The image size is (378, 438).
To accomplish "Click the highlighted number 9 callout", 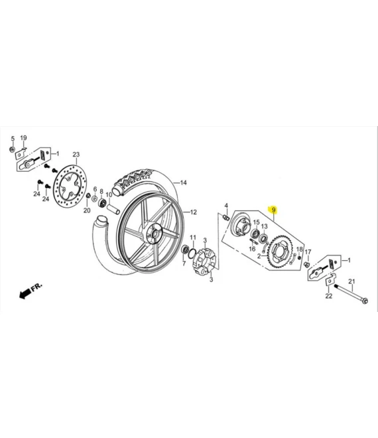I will tap(274, 210).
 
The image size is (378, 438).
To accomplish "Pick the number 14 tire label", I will tap(184, 183).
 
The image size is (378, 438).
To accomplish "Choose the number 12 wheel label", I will tap(194, 212).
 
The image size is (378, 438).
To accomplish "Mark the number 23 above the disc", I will tap(76, 154).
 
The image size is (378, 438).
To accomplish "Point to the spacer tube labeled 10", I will tap(111, 208).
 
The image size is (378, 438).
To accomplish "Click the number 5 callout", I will tap(11, 138).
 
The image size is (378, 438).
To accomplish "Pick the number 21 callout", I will tap(352, 281).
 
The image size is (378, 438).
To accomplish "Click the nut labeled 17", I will tap(307, 265).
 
